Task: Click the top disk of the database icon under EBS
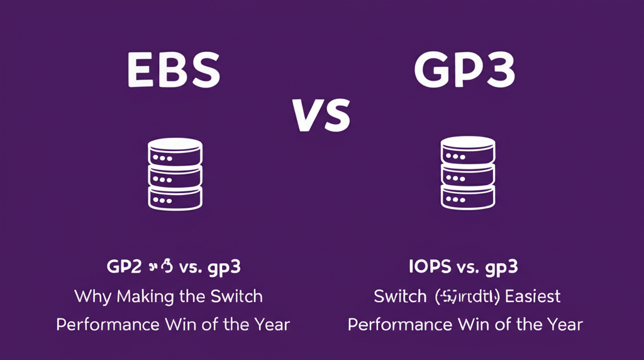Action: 174,151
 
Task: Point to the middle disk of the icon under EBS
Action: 174,174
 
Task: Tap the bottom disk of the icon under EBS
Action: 174,197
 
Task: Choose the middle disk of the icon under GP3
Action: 467,174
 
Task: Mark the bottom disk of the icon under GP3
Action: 467,197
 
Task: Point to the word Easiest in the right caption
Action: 530,296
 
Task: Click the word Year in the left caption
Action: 270,325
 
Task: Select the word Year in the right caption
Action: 563,325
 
